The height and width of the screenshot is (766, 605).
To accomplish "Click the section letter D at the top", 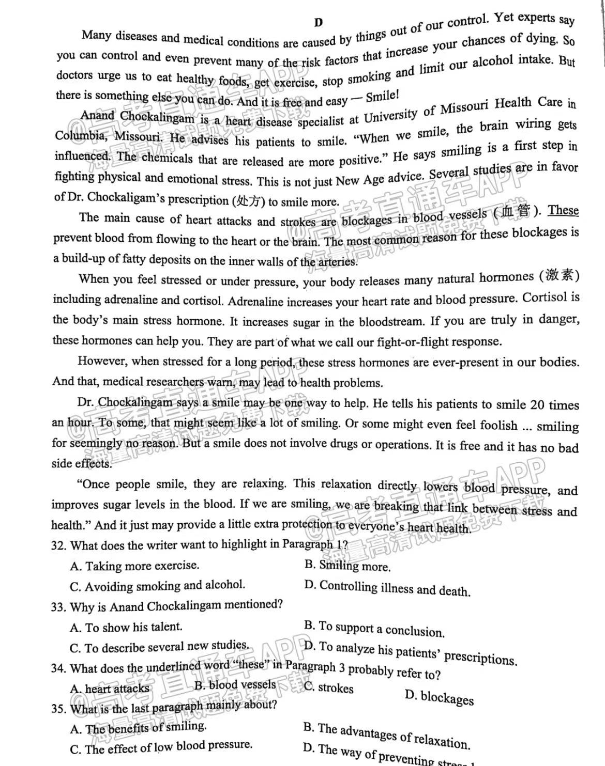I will [318, 22].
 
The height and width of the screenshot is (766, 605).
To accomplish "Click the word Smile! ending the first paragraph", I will [382, 97].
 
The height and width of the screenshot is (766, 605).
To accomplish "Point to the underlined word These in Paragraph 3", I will [563, 210].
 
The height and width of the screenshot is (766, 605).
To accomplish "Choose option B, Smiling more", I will [347, 566].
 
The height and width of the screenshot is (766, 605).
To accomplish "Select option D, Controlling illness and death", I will [387, 588].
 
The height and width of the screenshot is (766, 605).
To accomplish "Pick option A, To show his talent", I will [126, 627].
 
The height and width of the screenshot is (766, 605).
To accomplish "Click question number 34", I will [58, 668].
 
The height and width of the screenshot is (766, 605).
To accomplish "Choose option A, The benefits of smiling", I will [138, 728].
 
